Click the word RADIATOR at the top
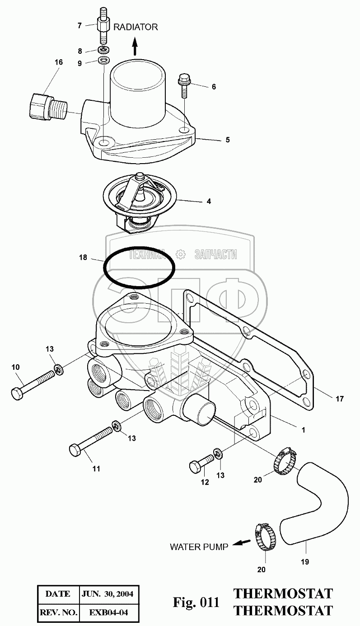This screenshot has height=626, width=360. (136, 27)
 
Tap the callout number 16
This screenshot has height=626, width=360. (59, 62)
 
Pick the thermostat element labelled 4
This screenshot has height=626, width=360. (137, 195)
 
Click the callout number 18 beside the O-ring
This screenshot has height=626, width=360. (83, 258)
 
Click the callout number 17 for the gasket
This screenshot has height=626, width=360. (340, 399)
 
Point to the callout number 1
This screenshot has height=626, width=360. (304, 430)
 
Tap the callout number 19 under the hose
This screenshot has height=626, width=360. (305, 562)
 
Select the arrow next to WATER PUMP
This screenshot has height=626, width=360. (243, 544)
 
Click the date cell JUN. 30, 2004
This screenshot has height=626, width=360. (107, 594)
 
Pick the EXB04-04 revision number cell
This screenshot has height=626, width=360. (107, 612)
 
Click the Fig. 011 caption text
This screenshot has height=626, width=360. (196, 602)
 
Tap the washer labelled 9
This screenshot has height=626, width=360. (104, 60)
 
